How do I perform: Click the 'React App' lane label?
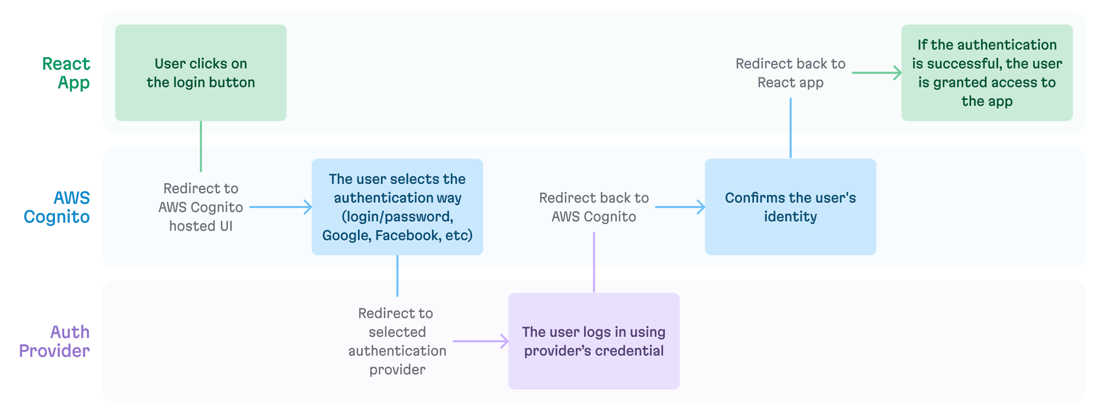click(66, 73)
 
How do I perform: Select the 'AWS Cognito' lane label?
click(57, 207)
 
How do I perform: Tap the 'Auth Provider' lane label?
click(55, 341)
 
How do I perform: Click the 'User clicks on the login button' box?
click(201, 73)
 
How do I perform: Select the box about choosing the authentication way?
click(397, 207)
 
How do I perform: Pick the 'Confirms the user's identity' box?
click(791, 207)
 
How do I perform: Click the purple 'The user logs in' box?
click(594, 341)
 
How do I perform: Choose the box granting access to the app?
click(987, 73)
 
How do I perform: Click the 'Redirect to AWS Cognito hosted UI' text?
click(201, 207)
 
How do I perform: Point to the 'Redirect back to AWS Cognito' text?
click(594, 207)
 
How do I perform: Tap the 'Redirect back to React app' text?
click(791, 73)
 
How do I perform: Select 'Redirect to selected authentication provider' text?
click(397, 341)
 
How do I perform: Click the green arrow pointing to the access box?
click(877, 73)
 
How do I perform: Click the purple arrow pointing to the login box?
click(480, 341)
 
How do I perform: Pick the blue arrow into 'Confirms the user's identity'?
click(680, 207)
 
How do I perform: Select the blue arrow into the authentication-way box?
click(280, 207)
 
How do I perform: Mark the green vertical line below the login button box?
click(201, 146)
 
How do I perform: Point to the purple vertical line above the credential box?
click(594, 262)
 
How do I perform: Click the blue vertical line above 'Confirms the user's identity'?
click(791, 128)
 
